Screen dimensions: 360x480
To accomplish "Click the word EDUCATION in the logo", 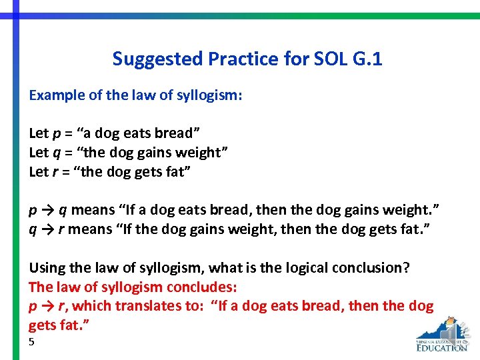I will (441, 347).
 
